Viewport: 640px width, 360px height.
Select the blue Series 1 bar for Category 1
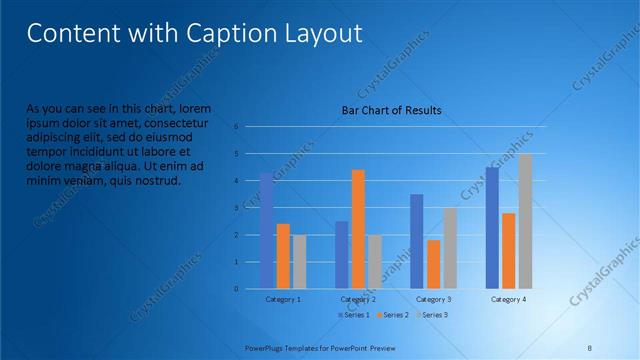pyautogui.click(x=267, y=231)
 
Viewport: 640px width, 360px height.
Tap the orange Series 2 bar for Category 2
pyautogui.click(x=358, y=229)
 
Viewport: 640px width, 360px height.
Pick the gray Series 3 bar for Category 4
pyautogui.click(x=525, y=221)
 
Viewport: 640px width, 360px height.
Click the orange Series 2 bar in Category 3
pyautogui.click(x=433, y=264)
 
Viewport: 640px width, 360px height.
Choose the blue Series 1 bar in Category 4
pyautogui.click(x=492, y=228)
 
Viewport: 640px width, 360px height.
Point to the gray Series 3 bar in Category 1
pyautogui.click(x=299, y=261)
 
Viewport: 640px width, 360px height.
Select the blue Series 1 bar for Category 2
pyautogui.click(x=341, y=254)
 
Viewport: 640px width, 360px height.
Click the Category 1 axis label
pyautogui.click(x=283, y=299)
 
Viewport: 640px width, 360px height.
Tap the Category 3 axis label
pyautogui.click(x=434, y=299)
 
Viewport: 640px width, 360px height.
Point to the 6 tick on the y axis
pyautogui.click(x=236, y=127)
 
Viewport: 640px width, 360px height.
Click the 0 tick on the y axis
pyautogui.click(x=236, y=289)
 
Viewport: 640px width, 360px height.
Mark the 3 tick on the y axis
pyautogui.click(x=236, y=208)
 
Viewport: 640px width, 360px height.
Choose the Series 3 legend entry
pyautogui.click(x=431, y=315)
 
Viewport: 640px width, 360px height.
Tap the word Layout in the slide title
pyautogui.click(x=324, y=33)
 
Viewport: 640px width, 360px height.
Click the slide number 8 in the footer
pyautogui.click(x=589, y=346)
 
